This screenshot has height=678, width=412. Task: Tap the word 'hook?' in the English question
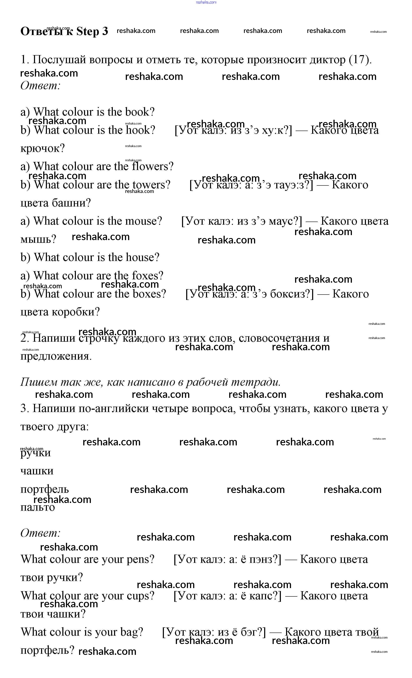point(140,130)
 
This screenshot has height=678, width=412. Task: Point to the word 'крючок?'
point(43,148)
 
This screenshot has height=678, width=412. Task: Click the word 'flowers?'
point(153,166)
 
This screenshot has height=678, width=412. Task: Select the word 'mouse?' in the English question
point(144,221)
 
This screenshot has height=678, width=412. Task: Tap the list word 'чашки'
point(37,471)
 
